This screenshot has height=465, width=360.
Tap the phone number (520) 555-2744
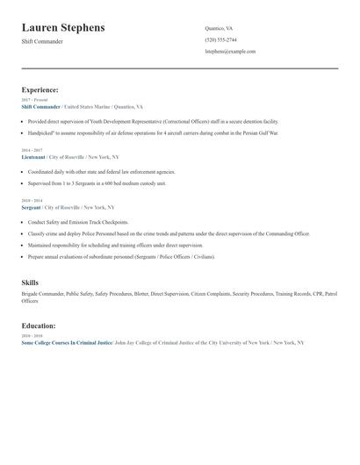point(220,39)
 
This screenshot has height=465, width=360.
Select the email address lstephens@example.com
point(230,51)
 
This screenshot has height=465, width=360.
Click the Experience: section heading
point(40,89)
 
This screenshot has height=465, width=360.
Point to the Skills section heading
point(30,283)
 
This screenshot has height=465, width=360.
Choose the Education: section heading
point(39,325)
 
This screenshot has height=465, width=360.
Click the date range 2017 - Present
point(34,100)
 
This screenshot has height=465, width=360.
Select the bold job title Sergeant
point(31,207)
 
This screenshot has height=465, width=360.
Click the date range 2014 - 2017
point(31,150)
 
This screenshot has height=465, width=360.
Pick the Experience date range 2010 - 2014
point(31,201)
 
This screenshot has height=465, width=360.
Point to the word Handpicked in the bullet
point(41,132)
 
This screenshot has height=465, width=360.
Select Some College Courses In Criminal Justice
point(67,342)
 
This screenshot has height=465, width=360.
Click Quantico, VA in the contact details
point(219,28)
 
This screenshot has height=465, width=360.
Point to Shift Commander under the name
point(42,41)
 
